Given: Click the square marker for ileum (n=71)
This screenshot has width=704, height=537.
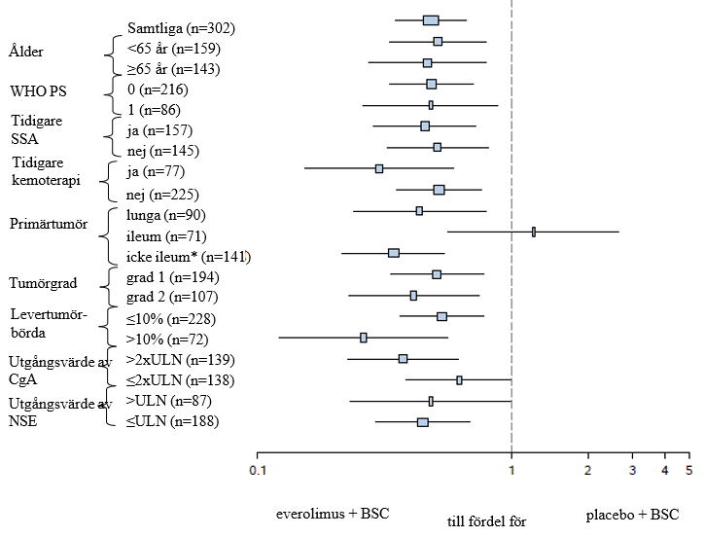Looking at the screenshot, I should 534,232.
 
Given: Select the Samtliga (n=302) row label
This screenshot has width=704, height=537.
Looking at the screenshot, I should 182,27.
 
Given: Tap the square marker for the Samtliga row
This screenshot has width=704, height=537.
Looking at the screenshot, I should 431,20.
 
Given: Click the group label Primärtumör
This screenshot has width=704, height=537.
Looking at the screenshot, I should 48,223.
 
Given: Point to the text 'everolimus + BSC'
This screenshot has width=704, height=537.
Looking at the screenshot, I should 327,513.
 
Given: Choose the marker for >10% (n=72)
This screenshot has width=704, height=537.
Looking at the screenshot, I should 364,338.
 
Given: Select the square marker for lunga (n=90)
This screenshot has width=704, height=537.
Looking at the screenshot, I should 419,210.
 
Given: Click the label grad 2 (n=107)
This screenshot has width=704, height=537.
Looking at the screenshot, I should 172,297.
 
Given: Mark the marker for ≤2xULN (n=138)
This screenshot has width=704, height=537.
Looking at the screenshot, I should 460,380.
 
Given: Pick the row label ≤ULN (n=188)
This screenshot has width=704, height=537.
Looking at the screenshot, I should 173,420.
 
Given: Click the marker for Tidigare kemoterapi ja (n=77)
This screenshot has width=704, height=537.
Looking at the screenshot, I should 379,168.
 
